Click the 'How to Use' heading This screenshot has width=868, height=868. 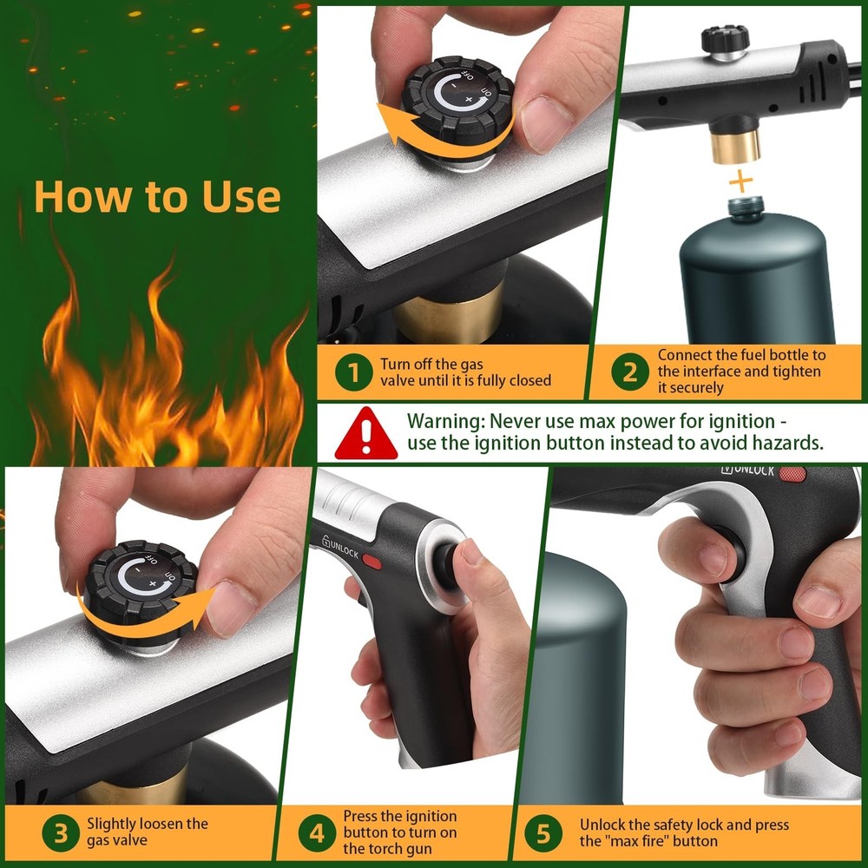157,197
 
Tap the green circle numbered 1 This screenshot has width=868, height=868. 353,372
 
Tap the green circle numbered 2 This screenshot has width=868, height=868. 629,372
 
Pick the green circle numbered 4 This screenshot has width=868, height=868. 318,834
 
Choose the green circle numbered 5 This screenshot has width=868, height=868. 543,834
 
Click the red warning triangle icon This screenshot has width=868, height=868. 365,433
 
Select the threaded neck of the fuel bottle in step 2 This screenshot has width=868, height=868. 744,209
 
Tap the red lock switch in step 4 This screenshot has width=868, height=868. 372,562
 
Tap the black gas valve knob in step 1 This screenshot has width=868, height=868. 457,102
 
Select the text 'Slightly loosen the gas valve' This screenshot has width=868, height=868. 148,831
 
